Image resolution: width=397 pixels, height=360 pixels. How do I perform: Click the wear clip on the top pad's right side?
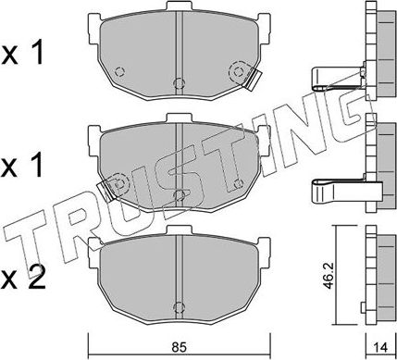click(x=242, y=72)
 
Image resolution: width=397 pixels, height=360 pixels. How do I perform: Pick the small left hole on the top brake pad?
click(x=119, y=72)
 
